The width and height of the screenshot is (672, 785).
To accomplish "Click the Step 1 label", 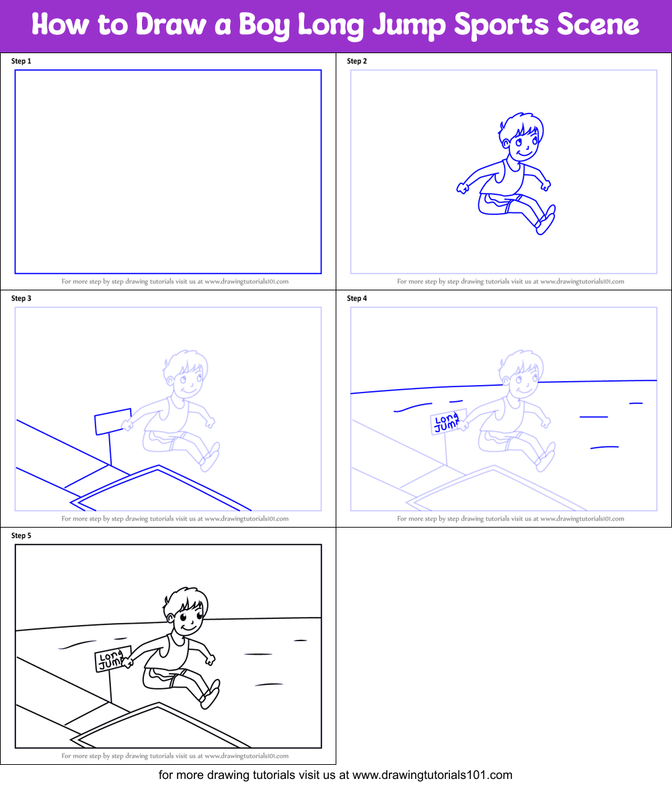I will click(x=22, y=61).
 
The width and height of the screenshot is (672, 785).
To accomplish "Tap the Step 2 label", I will click(x=357, y=61).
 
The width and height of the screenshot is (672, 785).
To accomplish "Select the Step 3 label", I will click(x=22, y=298).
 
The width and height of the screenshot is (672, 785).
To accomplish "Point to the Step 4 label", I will click(x=357, y=298).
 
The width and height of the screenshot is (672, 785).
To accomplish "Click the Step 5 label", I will click(x=22, y=536).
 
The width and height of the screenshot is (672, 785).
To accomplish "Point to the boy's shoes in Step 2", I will click(x=546, y=220).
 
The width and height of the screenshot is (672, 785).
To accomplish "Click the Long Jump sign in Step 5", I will click(x=112, y=659).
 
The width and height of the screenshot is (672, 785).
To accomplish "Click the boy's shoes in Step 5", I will click(x=211, y=694).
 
